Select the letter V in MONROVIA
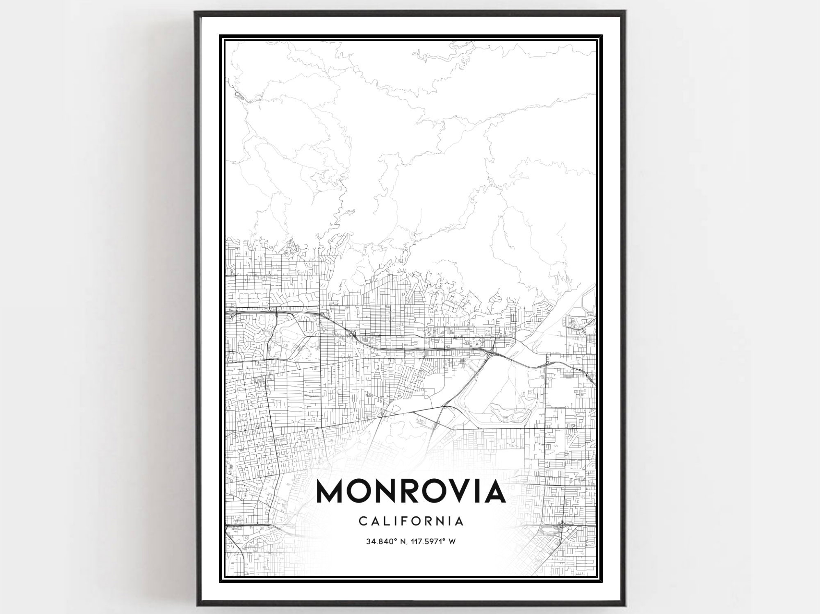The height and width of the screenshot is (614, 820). pos(455,491)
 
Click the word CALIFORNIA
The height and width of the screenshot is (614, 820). pos(411,521)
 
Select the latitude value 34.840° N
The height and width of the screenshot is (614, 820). pos(386,541)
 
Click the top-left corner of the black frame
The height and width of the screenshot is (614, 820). pos(196,12)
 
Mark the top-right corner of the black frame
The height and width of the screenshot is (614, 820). pos(626,12)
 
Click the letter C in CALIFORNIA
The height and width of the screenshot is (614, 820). pos(362,521)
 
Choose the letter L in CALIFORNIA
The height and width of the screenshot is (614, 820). pos(383,521)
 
